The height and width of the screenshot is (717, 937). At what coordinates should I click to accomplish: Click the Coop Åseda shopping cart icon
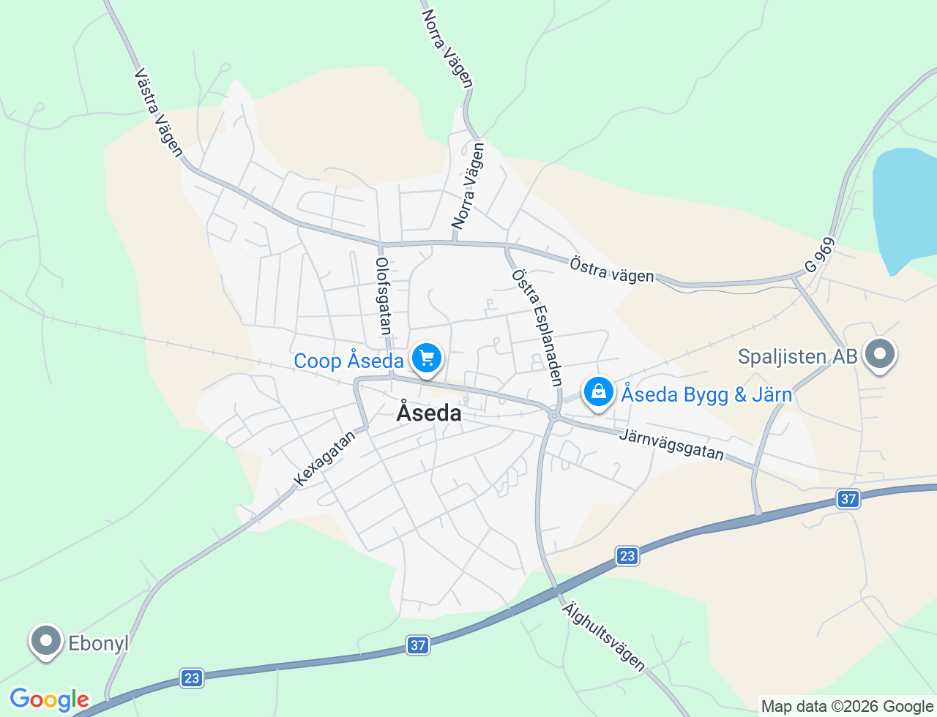[427, 358]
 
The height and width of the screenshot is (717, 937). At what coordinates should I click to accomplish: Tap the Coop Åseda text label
[348, 361]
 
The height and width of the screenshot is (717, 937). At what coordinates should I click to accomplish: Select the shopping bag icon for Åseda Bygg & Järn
[599, 391]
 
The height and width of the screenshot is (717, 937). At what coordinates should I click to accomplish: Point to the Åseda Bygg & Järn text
[706, 395]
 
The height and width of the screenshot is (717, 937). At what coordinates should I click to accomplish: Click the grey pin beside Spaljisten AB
[880, 354]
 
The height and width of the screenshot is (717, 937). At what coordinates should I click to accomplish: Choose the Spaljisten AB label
[797, 357]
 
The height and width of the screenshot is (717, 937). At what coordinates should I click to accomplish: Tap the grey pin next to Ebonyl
[46, 641]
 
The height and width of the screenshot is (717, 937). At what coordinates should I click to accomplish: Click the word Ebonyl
[98, 644]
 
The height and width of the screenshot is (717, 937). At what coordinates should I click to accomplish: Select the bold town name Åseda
[429, 413]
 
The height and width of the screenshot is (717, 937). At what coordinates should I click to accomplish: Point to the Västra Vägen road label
[159, 113]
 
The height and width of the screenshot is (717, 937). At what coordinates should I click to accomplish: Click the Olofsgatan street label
[382, 296]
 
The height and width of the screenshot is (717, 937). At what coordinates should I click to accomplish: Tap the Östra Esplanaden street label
[537, 327]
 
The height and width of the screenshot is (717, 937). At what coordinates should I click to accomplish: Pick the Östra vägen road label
[612, 269]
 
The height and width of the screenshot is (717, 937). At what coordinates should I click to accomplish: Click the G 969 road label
[819, 255]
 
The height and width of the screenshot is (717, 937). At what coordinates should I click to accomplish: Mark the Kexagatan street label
[324, 458]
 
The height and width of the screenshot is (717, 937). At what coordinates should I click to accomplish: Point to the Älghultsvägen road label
[604, 636]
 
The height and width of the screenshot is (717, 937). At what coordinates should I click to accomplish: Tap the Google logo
[49, 699]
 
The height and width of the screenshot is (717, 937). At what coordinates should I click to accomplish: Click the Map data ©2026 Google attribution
[847, 707]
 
